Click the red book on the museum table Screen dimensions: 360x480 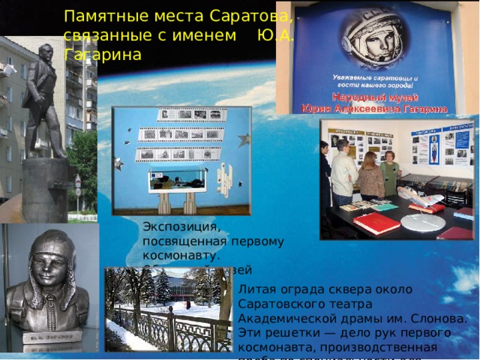pos(376,223)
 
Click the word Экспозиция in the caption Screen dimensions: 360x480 pos(181,226)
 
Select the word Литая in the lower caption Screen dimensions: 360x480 pos(254,289)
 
